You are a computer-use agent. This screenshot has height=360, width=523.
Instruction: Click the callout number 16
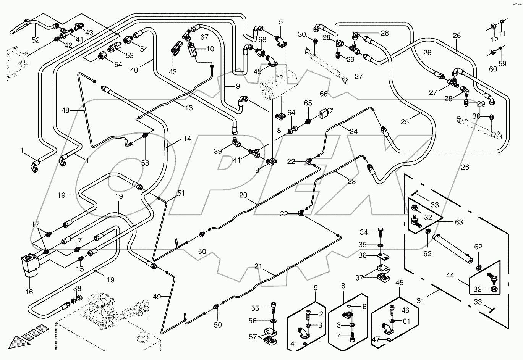(29, 292)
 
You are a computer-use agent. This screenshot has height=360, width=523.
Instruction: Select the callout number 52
(35, 40)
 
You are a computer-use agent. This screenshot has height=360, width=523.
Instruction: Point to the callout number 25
(405, 122)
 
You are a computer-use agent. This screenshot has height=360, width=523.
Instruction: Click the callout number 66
(324, 94)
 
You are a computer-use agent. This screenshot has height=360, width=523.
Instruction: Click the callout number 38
(77, 289)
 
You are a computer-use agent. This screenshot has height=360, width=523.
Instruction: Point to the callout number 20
(243, 195)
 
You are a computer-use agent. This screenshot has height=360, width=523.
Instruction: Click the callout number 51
(181, 194)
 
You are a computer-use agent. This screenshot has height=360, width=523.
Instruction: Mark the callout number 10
(210, 49)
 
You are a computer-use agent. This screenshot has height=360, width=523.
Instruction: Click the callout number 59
(502, 64)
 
